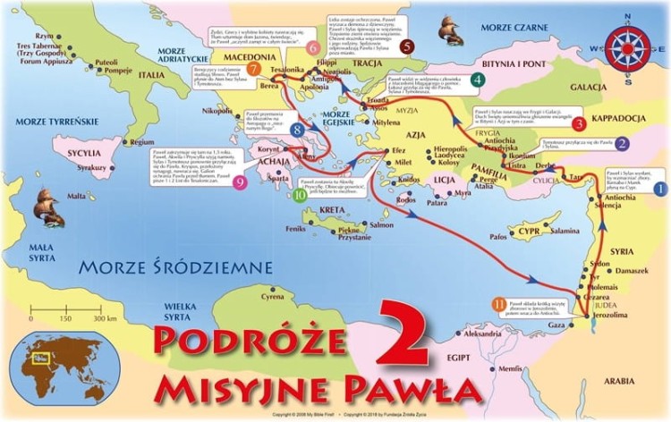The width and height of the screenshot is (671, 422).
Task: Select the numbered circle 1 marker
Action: (x=659, y=189)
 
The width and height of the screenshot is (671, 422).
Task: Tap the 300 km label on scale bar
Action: (x=106, y=318)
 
